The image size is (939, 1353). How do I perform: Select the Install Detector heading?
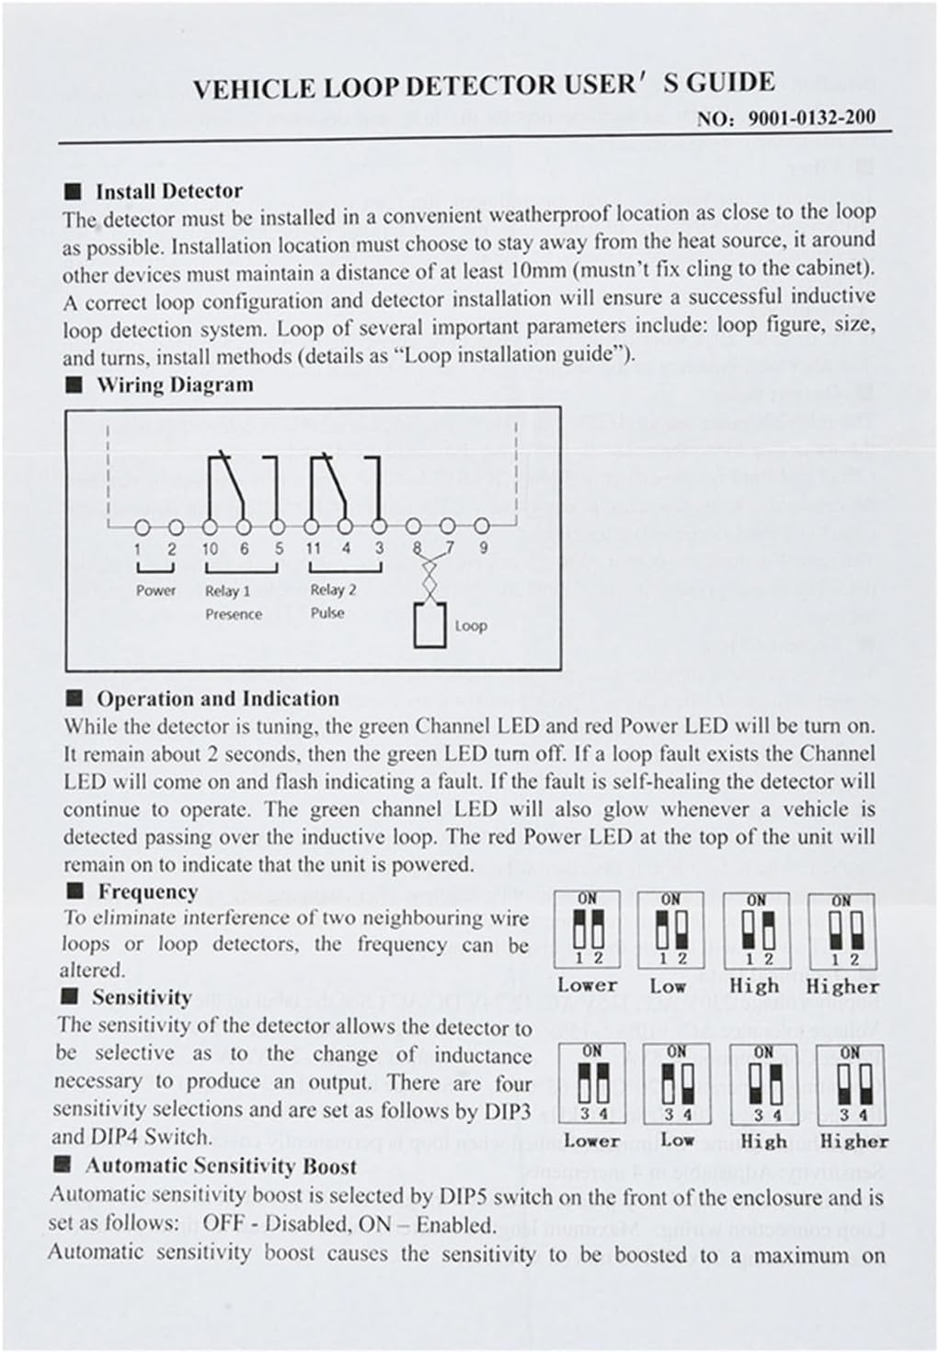[x=168, y=191]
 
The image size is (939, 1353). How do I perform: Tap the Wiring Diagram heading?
[x=175, y=384]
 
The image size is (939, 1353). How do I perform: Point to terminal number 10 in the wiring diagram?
[x=210, y=548]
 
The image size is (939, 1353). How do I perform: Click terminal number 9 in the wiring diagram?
[x=483, y=548]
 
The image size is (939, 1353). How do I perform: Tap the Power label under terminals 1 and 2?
[x=155, y=591]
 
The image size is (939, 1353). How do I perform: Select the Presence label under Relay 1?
[x=234, y=613]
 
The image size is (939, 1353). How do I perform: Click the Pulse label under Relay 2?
[x=327, y=613]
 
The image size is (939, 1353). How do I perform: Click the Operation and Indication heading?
[x=218, y=699]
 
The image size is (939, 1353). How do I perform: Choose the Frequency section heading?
[x=147, y=891]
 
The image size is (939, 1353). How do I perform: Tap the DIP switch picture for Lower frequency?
[x=587, y=930]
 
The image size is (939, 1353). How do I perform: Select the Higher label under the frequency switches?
[x=842, y=986]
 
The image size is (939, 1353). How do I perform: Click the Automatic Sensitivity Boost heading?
[x=221, y=1166]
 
